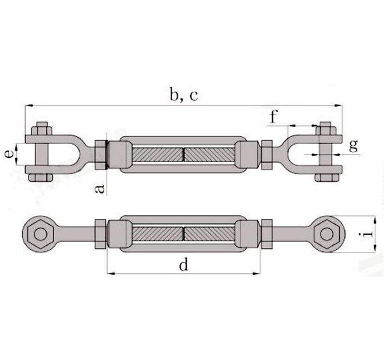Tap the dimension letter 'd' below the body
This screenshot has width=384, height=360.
(183, 266)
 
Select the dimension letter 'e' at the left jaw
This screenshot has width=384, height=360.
(9, 154)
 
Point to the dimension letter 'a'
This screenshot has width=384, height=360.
(99, 188)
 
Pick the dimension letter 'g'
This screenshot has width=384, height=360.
(353, 146)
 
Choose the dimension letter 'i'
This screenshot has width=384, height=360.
(365, 235)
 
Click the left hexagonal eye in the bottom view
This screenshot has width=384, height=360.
(40, 235)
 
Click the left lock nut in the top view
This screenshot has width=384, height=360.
(100, 154)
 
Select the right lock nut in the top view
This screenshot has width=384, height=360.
(266, 154)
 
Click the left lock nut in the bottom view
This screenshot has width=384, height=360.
(100, 235)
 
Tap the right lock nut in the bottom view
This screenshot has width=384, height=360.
(266, 235)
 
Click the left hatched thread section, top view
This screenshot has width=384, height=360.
(158, 154)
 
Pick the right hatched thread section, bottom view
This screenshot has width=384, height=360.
(209, 235)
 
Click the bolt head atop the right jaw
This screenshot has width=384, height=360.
(325, 128)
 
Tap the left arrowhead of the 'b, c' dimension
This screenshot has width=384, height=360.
(27, 106)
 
